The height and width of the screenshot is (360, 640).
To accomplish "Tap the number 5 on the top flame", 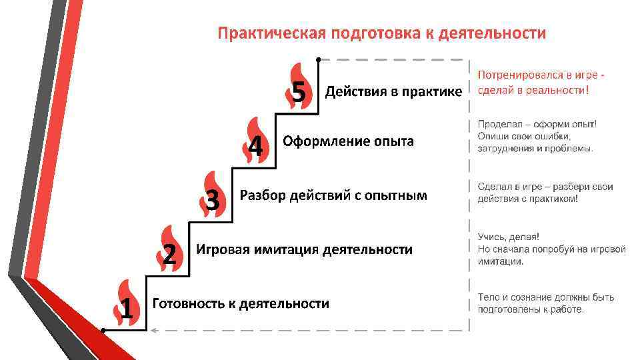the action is tap(299, 92).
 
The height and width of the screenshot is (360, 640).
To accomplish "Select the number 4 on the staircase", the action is tap(255, 146).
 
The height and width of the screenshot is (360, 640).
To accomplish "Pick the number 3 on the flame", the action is tap(213, 199).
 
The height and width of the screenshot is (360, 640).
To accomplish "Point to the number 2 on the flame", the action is tap(169, 253).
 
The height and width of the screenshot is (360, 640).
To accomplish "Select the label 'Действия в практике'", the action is tap(393, 92).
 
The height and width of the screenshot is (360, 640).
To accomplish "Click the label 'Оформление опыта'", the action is tap(348, 141).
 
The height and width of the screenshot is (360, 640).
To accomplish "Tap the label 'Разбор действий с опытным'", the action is tap(333, 196).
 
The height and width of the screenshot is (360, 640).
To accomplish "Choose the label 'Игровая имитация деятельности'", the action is tap(304, 250).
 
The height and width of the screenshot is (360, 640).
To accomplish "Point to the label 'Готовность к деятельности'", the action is tap(241, 304).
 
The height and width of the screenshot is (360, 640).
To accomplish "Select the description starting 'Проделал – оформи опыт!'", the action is tap(537, 136).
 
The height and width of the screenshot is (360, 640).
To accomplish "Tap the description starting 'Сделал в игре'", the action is tap(545, 193).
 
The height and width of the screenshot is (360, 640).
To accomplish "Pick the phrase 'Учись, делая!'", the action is tap(509, 237).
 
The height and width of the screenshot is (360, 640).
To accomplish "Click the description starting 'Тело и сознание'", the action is tap(545, 303).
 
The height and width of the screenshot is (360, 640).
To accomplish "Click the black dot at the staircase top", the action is tap(319, 59).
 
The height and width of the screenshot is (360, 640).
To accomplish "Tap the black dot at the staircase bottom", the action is tap(103, 329).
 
